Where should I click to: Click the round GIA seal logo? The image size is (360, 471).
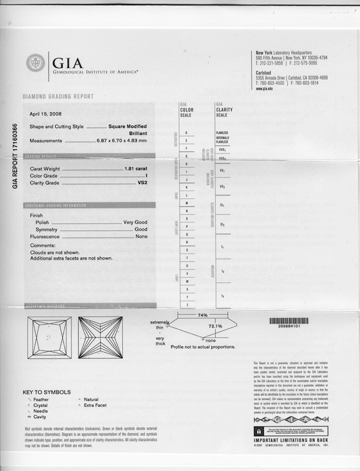point(35,63)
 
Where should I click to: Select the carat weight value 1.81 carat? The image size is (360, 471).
point(136,169)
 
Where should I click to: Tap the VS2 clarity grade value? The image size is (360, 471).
point(150,183)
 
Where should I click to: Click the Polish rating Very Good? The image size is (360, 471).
point(135,222)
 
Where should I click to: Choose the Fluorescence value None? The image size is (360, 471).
point(141,236)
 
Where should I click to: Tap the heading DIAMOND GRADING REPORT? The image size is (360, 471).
point(58,97)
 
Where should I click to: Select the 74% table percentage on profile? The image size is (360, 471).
point(202,315)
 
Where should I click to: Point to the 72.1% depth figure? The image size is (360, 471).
point(215,326)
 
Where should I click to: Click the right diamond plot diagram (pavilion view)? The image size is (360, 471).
point(100,338)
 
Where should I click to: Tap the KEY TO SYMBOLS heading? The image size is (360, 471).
point(47,392)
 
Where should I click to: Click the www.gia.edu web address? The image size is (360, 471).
point(264,89)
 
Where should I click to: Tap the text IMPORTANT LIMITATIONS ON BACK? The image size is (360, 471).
point(291,440)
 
